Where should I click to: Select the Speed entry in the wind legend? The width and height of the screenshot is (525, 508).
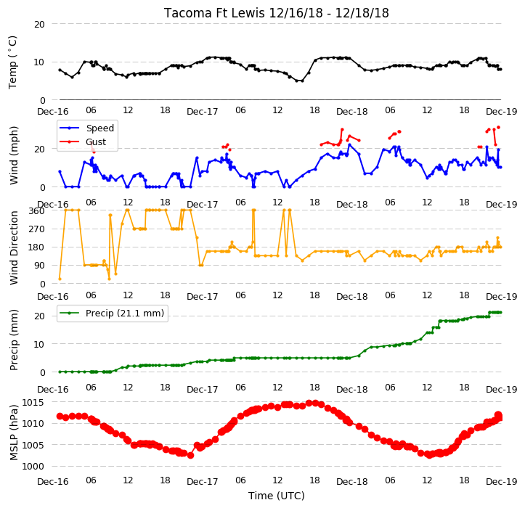pos(100,128)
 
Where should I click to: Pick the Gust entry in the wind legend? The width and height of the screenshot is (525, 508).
pos(96,142)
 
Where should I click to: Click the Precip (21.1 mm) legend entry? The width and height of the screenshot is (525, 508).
pos(125,314)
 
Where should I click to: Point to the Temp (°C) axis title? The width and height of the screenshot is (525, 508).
pos(12,62)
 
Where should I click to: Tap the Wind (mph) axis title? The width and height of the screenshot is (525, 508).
pos(13,155)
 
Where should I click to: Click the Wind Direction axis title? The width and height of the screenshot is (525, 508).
pos(13,248)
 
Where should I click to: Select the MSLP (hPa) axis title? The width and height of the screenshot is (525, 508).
pos(13,433)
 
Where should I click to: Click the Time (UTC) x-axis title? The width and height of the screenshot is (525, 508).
pos(277,496)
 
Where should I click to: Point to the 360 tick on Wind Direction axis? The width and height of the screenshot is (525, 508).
pos(36,211)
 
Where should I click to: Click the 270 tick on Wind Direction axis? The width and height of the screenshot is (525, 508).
pos(36,229)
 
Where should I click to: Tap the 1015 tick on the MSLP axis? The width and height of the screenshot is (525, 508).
pos(33,402)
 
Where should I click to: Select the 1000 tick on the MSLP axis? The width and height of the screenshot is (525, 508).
pos(33,467)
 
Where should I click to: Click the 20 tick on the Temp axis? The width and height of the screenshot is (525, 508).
pos(39,25)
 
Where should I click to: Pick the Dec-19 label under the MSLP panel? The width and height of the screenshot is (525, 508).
pos(502,482)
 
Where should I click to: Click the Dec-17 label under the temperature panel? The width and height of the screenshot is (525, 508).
pos(203,112)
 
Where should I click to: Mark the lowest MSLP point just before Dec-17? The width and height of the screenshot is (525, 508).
pos(190,456)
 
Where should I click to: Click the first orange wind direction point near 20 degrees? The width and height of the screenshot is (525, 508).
pos(60,279)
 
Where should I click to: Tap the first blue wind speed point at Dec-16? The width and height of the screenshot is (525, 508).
pos(60,171)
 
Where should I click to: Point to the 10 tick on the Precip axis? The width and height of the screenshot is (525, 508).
pos(39,345)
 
